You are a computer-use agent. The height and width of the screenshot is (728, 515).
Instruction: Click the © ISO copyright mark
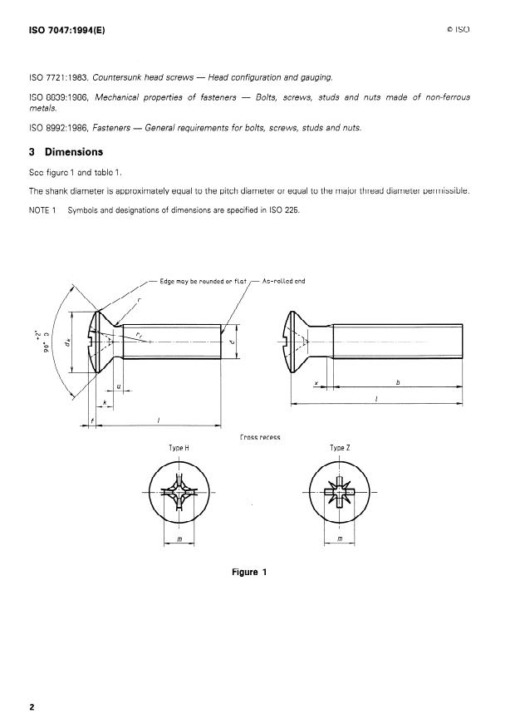point(458,30)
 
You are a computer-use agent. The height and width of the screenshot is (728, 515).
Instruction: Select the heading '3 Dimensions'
point(66,152)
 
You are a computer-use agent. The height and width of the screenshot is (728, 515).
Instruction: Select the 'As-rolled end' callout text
point(283,281)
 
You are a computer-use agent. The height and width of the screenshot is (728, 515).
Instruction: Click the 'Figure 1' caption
point(249,572)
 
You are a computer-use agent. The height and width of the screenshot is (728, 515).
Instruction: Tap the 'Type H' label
point(179,448)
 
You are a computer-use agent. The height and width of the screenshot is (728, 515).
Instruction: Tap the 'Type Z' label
point(337,448)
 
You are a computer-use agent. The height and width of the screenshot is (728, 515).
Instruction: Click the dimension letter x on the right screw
point(316,383)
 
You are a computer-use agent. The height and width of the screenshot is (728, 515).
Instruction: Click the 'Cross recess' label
point(258,436)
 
